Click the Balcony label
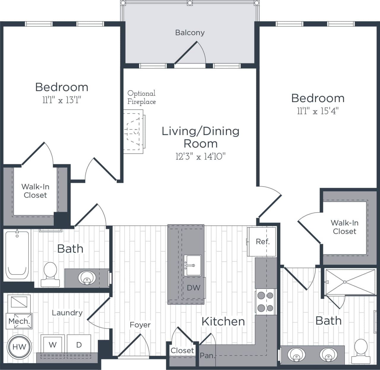point(190,33)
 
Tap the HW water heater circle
point(19,347)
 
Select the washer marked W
point(53,344)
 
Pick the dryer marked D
point(79,344)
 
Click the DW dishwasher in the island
point(193,288)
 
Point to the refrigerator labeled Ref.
point(262,242)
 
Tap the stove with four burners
point(265,301)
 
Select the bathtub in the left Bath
point(17,256)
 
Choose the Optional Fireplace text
point(141,97)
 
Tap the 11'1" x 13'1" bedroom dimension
point(62,100)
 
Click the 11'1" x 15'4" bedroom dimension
point(318,111)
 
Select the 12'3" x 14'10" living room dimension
point(200,156)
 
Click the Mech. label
point(19,321)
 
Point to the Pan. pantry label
point(207,355)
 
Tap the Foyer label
point(140,325)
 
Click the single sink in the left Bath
point(87,278)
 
